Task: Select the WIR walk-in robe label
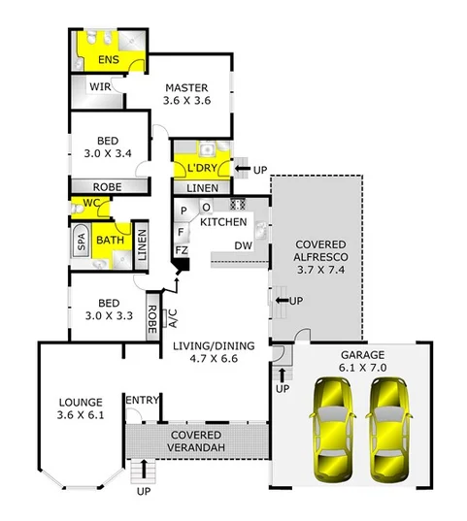(x=101, y=86)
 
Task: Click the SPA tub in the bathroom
(x=82, y=243)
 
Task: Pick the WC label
(x=91, y=203)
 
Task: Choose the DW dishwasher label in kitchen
(x=244, y=246)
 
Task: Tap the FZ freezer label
(x=181, y=251)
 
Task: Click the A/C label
(x=173, y=317)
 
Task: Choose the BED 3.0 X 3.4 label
(x=108, y=147)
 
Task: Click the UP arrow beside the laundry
(x=243, y=170)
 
